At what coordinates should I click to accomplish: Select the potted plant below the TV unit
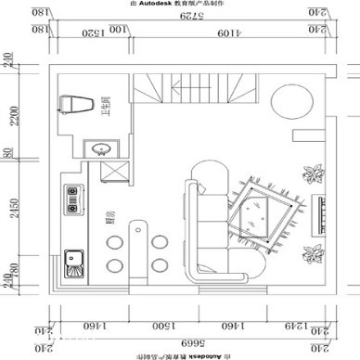point(315,251)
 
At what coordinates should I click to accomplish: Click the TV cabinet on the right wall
point(320,213)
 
